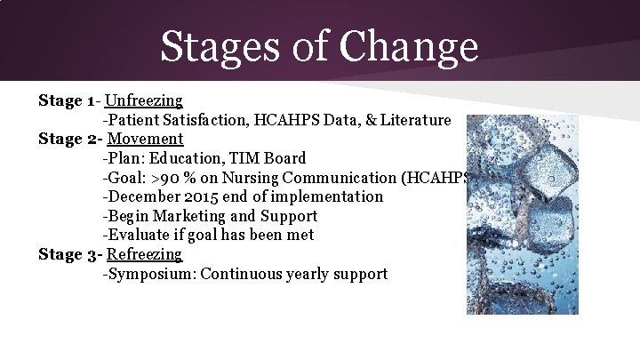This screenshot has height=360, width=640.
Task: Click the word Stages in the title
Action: tap(226, 46)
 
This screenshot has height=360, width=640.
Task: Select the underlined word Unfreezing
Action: tap(143, 100)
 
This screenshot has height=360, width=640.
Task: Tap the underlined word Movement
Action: tap(145, 139)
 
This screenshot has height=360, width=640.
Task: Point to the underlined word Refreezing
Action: tap(144, 254)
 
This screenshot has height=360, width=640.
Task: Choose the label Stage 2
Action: tap(68, 139)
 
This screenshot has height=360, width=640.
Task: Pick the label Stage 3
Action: tap(68, 254)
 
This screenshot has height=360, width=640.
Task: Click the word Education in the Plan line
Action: tap(188, 158)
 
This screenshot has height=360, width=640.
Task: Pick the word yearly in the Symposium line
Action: tap(309, 274)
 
